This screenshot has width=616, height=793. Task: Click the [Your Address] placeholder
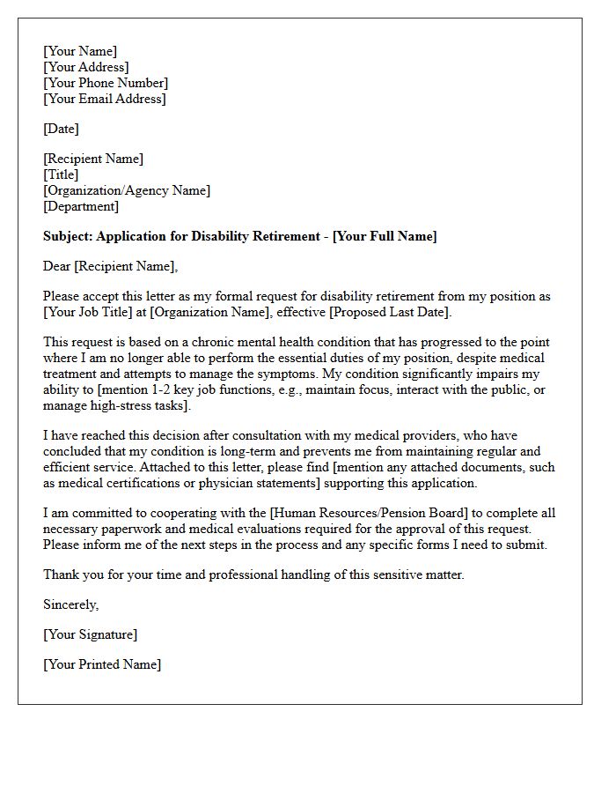pyautogui.click(x=86, y=67)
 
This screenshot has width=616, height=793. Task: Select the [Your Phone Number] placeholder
pyautogui.click(x=106, y=83)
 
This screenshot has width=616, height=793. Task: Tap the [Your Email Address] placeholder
pyautogui.click(x=104, y=99)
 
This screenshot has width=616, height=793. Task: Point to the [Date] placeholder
pyautogui.click(x=61, y=129)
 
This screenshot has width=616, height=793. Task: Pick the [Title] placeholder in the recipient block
pyautogui.click(x=61, y=174)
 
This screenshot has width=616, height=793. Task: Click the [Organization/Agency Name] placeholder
pyautogui.click(x=127, y=190)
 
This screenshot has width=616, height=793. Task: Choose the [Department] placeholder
pyautogui.click(x=81, y=206)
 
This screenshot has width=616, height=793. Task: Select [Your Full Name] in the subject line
pyautogui.click(x=385, y=236)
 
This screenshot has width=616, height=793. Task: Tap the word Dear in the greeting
pyautogui.click(x=57, y=266)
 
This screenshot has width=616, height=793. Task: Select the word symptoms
pyautogui.click(x=251, y=374)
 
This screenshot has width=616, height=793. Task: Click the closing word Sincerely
pyautogui.click(x=70, y=604)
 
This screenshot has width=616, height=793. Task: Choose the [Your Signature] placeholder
pyautogui.click(x=90, y=634)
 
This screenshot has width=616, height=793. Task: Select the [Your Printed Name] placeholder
pyautogui.click(x=102, y=664)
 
